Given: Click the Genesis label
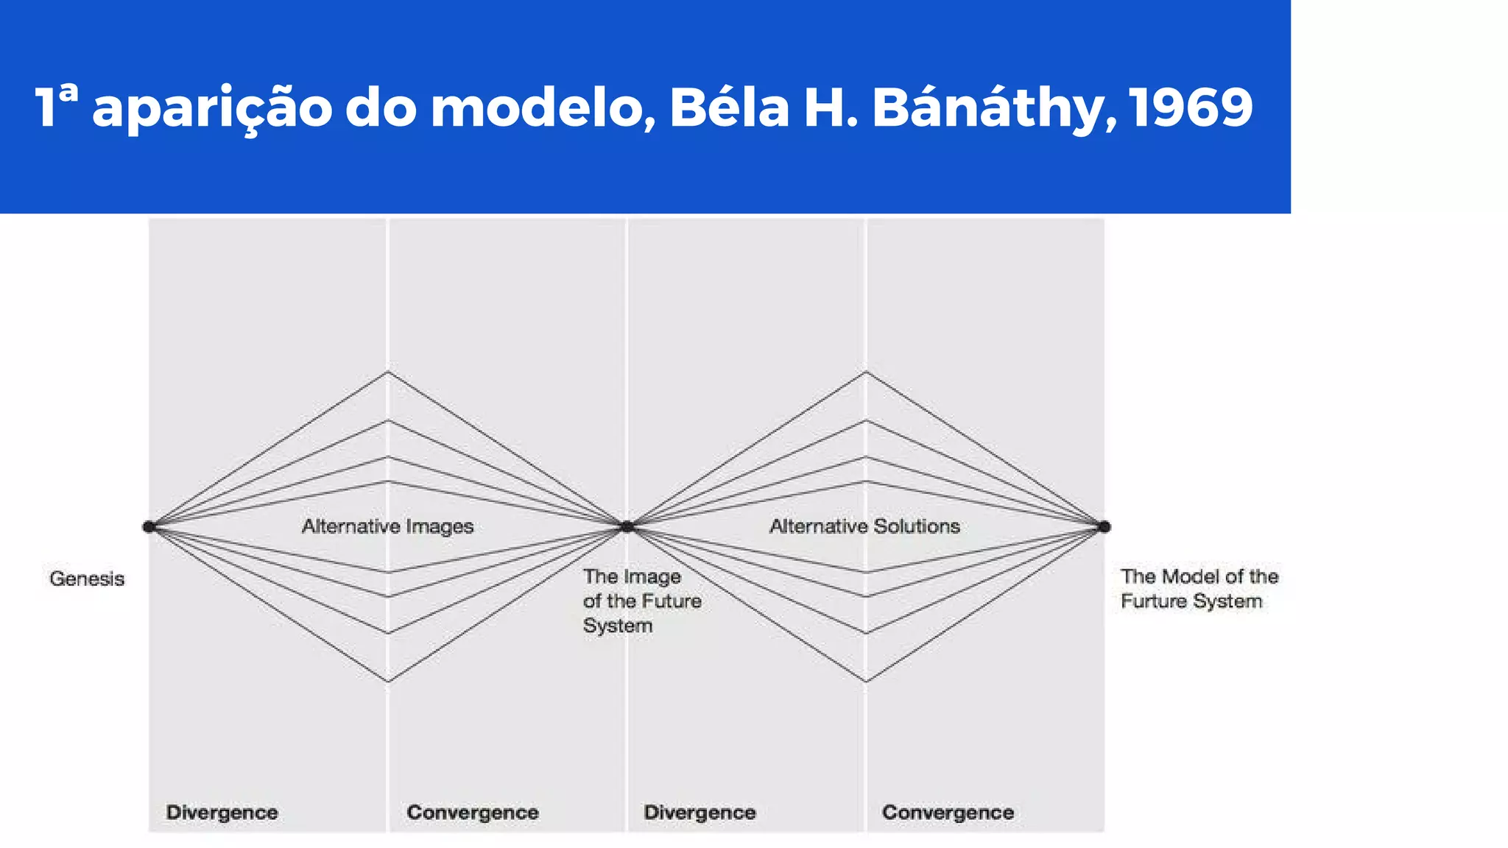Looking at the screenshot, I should coord(87,579).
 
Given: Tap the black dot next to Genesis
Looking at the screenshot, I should coord(149,526).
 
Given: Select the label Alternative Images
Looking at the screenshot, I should coord(387,526).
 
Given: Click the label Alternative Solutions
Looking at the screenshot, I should coord(864,526).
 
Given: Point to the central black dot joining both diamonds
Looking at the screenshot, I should coord(627,526).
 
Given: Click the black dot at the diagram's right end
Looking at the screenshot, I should coord(1104,526).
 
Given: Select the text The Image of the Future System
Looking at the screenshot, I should coord(641,601).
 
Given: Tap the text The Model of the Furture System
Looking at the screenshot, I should coord(1199,589).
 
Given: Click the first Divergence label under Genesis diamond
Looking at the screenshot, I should coord(222,813).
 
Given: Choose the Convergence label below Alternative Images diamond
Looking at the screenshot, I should coord(472,813).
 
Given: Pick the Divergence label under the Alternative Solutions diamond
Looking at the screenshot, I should coord(700,813).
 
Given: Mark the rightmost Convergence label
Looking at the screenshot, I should coord(948,813).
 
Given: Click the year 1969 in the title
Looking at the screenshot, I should coord(1190,107).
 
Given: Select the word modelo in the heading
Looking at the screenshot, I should coord(542,107).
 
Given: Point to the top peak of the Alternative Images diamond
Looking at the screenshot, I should coord(388,372).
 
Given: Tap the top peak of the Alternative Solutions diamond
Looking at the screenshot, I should coord(866,372).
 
